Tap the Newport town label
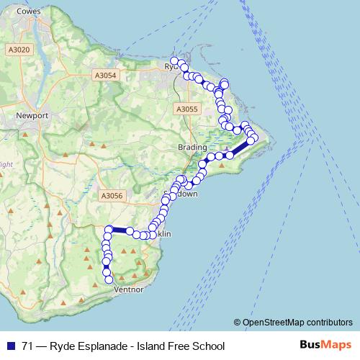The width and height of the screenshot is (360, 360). (x=34, y=115)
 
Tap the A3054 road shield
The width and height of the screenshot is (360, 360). (x=105, y=74)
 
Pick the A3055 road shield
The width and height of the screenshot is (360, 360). (x=186, y=109)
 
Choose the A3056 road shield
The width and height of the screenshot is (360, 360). (x=112, y=195)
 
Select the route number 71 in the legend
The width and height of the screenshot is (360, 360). (x=27, y=346)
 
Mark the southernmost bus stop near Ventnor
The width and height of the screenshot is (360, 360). (x=110, y=280)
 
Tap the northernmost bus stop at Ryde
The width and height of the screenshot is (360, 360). (x=174, y=60)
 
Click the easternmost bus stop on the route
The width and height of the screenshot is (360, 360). (x=254, y=137)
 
